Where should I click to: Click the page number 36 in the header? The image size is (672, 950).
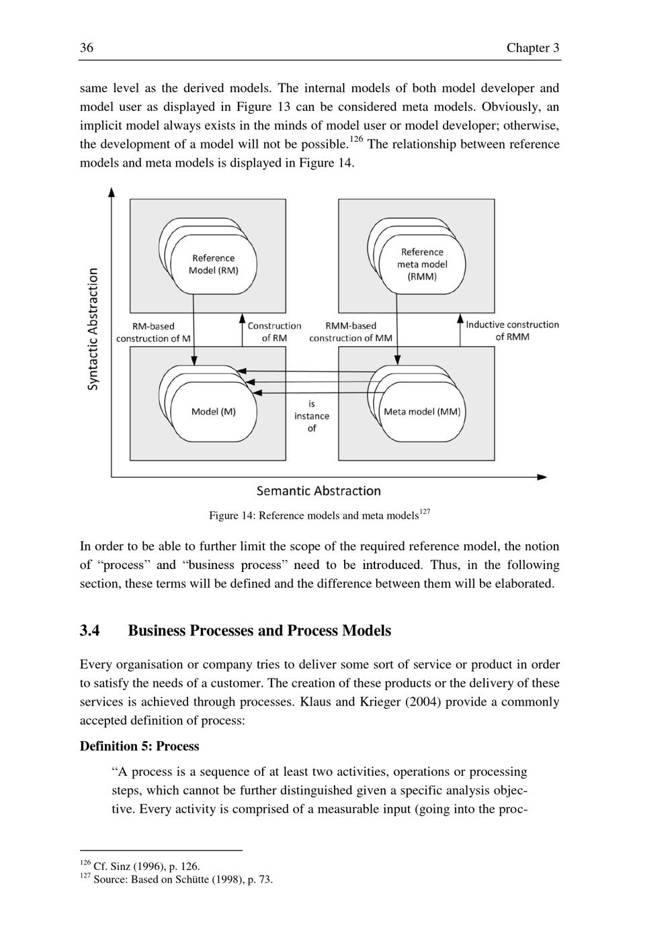pos(87,48)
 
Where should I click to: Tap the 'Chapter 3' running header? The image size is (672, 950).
pos(533,48)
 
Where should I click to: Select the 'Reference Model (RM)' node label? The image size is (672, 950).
pos(213,264)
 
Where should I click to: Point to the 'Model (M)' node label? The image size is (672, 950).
pos(213,411)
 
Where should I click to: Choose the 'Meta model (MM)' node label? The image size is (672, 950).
pos(422,411)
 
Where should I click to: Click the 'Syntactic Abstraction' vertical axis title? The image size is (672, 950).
pos(93,329)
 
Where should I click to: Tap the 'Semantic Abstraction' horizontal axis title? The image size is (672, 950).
pos(319,491)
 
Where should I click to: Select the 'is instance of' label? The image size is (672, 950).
pos(312,416)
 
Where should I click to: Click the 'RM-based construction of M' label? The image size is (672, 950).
pos(153,332)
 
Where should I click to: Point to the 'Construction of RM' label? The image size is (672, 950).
pos(274,331)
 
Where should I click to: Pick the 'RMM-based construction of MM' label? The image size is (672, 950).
pos(350,331)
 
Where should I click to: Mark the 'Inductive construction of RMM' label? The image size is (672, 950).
pos(512,331)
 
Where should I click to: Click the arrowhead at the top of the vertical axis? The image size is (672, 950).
pos(112,193)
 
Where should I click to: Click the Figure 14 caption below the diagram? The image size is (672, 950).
pos(314,516)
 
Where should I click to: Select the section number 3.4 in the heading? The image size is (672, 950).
pos(90,631)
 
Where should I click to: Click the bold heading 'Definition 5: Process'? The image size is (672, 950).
pos(139,746)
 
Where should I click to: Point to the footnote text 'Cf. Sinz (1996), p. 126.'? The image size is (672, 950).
pos(146,867)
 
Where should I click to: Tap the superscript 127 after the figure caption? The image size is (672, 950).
pos(424,512)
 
